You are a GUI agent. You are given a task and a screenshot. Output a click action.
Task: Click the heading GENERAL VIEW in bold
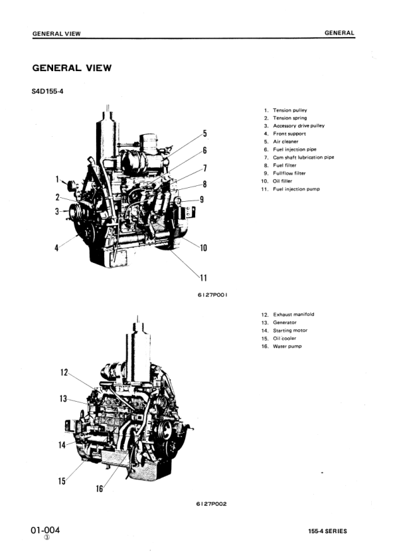click(x=72, y=68)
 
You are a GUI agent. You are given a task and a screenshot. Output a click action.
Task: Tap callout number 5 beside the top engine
click(x=204, y=133)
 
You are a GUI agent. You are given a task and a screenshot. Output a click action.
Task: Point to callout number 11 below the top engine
click(x=204, y=278)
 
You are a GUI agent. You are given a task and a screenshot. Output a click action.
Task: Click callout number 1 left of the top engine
click(x=58, y=179)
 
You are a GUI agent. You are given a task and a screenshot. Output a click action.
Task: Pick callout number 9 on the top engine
click(x=201, y=199)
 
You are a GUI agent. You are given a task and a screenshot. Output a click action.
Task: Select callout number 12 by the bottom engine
click(x=64, y=372)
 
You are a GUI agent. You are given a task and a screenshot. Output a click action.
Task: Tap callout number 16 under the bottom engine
click(x=100, y=489)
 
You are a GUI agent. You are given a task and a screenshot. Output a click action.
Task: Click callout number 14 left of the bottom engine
click(x=62, y=445)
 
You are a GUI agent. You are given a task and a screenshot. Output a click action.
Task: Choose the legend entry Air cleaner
click(x=285, y=141)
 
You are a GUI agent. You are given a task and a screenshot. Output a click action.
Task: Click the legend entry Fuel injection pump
click(x=296, y=189)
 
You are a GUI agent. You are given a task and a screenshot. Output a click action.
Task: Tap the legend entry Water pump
click(x=287, y=346)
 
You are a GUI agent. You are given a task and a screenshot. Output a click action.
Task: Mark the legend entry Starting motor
click(x=290, y=330)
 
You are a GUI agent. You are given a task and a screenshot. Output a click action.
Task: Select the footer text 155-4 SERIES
click(x=327, y=531)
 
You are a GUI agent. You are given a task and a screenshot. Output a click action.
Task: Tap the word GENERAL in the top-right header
click(x=339, y=33)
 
